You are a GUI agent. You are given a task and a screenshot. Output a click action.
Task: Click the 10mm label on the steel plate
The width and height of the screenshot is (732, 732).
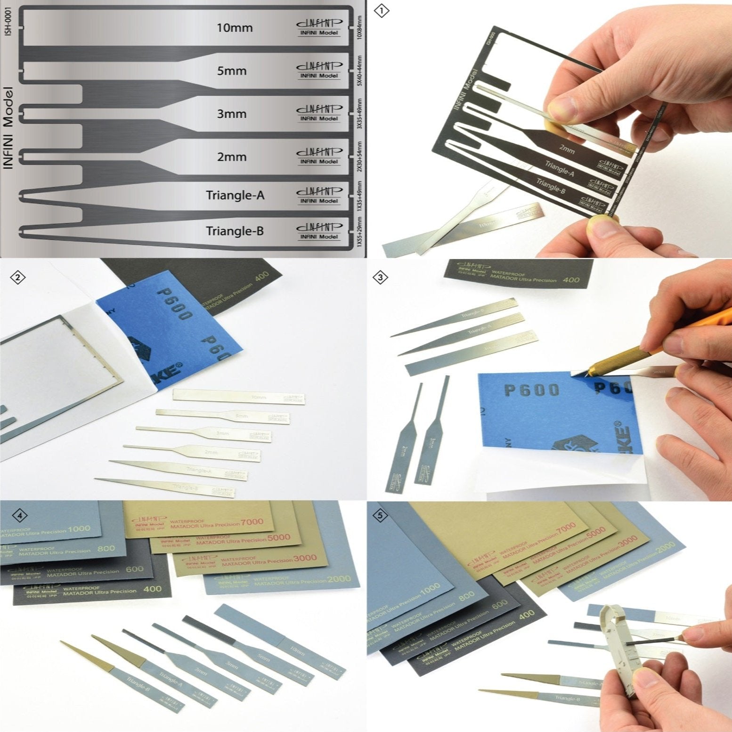click(x=234, y=28)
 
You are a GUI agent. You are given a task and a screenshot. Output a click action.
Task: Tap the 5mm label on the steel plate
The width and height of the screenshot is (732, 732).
click(x=231, y=71)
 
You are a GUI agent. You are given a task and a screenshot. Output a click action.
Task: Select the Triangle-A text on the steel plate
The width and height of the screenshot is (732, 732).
click(x=235, y=195)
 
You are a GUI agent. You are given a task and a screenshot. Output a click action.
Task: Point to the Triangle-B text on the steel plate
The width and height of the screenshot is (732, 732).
click(x=235, y=231)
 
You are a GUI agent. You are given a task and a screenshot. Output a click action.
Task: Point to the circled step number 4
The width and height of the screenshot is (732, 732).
click(x=19, y=516)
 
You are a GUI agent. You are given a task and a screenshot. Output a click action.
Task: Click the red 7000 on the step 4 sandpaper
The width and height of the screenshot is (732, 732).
click(x=252, y=521)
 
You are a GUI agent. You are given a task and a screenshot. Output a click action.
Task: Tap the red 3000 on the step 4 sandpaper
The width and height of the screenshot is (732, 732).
click(x=305, y=558)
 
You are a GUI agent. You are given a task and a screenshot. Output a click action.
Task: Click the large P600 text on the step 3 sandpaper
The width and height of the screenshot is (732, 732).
click(x=531, y=390)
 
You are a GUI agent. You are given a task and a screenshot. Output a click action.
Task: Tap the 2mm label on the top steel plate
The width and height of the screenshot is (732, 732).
click(x=231, y=157)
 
